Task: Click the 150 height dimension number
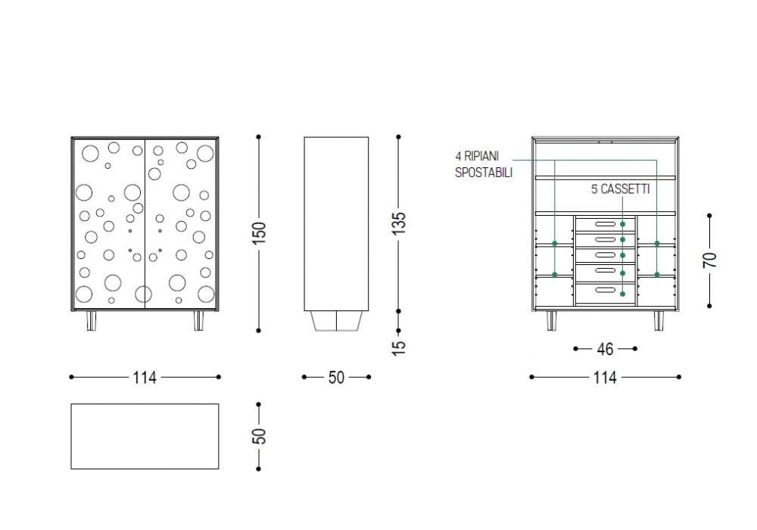pyautogui.click(x=259, y=232)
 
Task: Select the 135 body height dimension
pyautogui.click(x=399, y=223)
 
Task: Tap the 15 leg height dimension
pyautogui.click(x=399, y=348)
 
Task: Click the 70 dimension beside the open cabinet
pyautogui.click(x=710, y=260)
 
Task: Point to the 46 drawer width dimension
pyautogui.click(x=605, y=348)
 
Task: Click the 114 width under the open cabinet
pyautogui.click(x=605, y=377)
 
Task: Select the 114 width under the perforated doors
pyautogui.click(x=145, y=377)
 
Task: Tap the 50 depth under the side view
pyautogui.click(x=337, y=377)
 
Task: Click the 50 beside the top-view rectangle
pyautogui.click(x=259, y=436)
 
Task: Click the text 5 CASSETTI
pyautogui.click(x=621, y=189)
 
